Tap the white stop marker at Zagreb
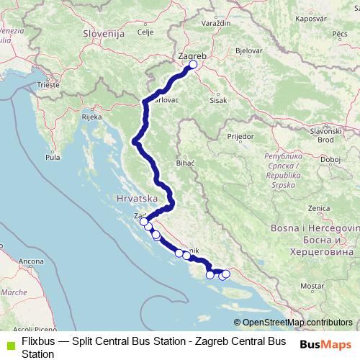192,66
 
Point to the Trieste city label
49,84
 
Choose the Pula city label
53,156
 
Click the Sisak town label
218,100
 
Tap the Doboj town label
330,159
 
